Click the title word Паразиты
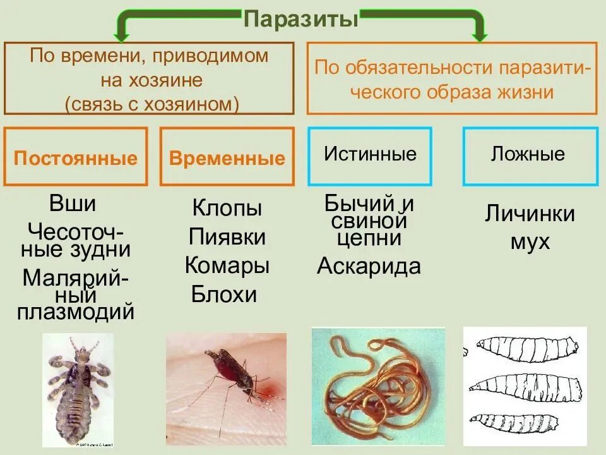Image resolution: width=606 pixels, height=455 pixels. coord(301,20)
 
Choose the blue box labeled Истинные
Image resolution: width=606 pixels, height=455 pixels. coord(370,155)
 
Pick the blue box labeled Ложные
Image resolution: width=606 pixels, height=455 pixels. coord(530,155)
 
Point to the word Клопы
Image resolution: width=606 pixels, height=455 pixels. coord(227,208)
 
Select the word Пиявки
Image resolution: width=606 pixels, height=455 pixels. coord(227,238)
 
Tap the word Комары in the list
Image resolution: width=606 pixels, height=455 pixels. coord(227,265)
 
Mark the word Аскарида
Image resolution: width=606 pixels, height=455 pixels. coord(369,267)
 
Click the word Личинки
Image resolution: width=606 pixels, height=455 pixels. coord(530,214)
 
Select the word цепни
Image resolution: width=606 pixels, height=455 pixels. coord(369,238)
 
